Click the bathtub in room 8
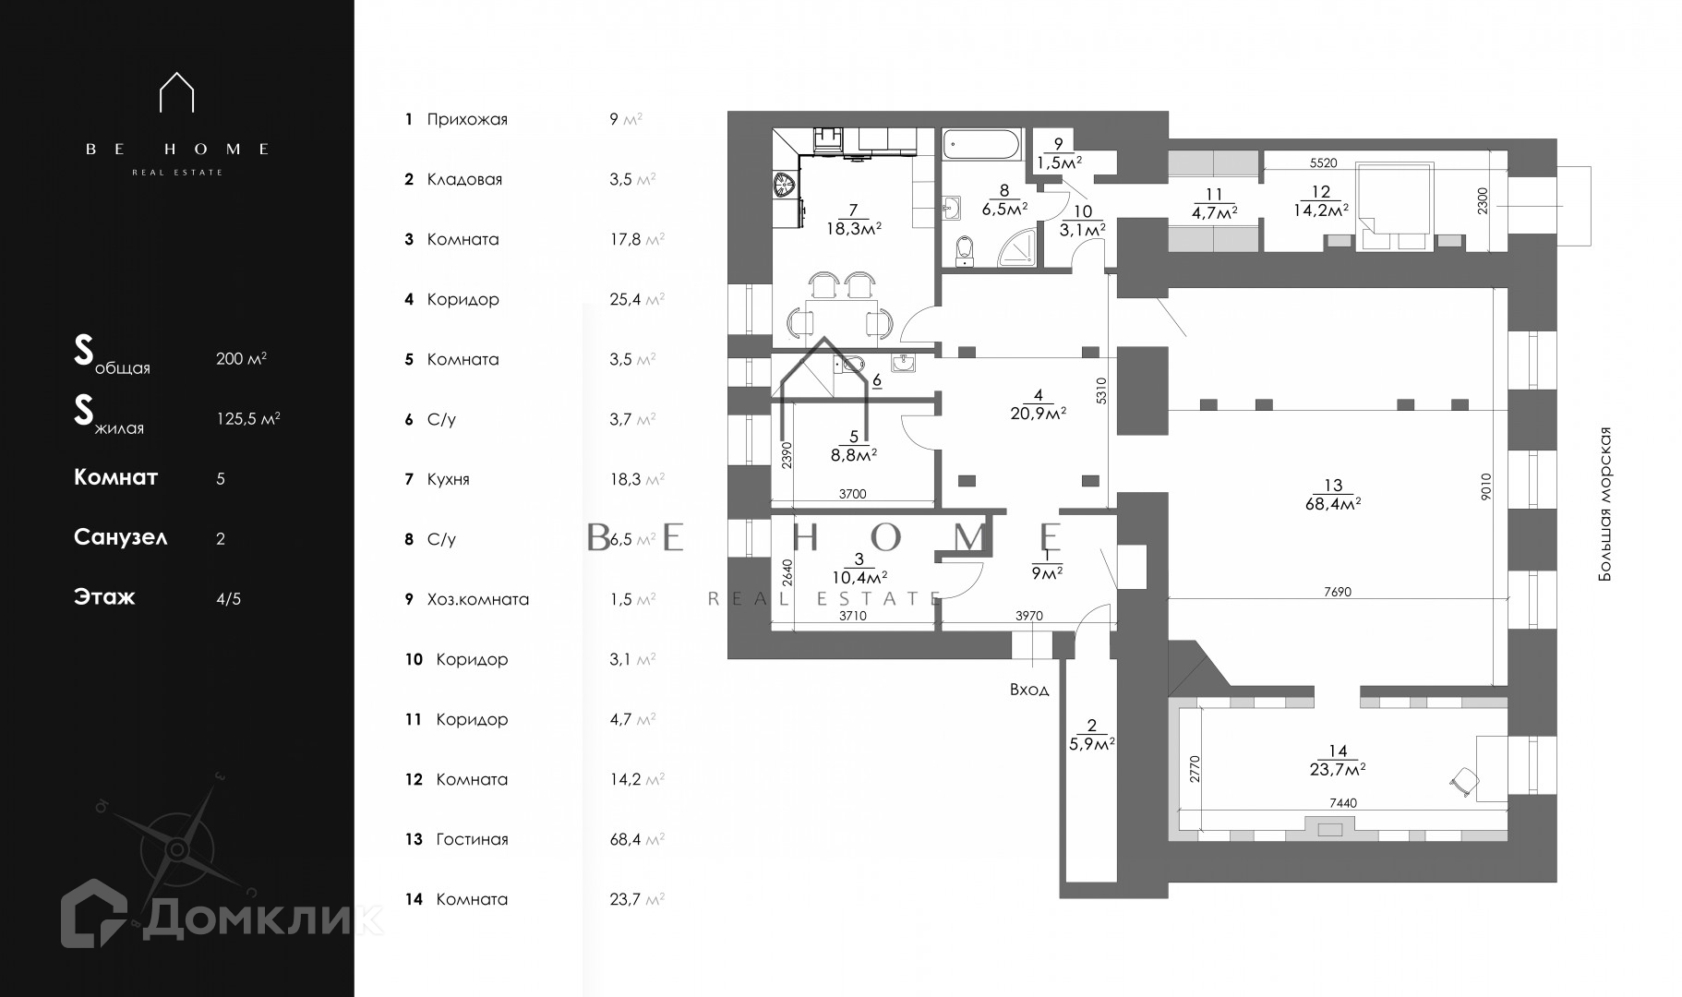981,145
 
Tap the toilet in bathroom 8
965,250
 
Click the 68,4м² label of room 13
1333,503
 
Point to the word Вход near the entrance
1029,690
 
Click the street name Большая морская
1605,504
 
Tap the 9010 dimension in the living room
1484,486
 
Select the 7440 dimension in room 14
1342,803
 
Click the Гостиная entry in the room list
472,839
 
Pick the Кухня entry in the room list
448,479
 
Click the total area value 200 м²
241,358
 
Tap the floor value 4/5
228,598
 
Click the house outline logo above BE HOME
176,92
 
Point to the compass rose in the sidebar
176,849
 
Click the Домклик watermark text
263,919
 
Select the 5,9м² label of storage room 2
1092,742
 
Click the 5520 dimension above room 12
1323,162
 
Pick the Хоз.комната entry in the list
477,599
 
